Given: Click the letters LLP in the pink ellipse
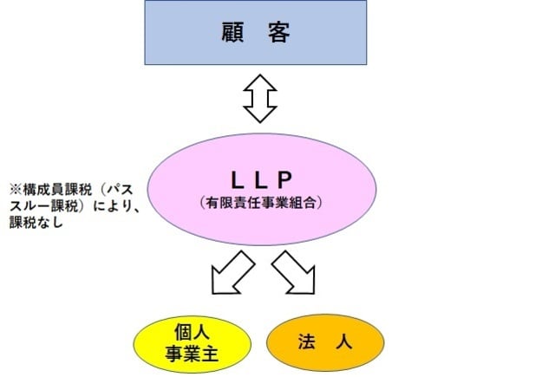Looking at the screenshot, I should (x=262, y=179).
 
